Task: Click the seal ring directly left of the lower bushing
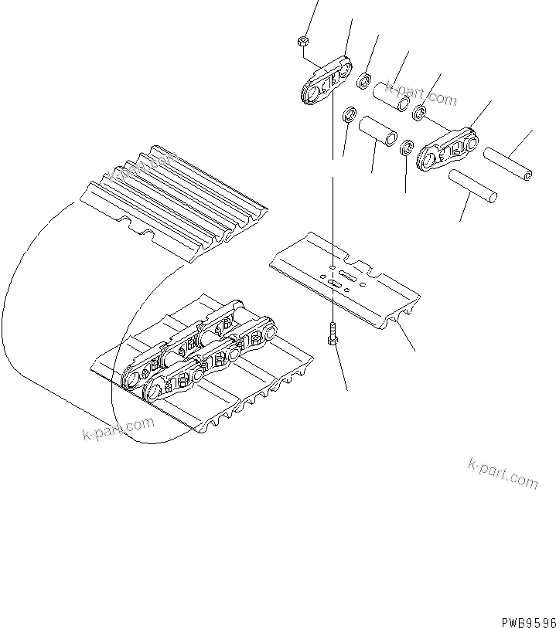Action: pos(349,117)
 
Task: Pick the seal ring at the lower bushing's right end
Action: pos(406,147)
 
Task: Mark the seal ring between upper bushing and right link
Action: pos(418,114)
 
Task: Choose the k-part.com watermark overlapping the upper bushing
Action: pos(421,95)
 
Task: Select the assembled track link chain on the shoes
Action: pos(197,348)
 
